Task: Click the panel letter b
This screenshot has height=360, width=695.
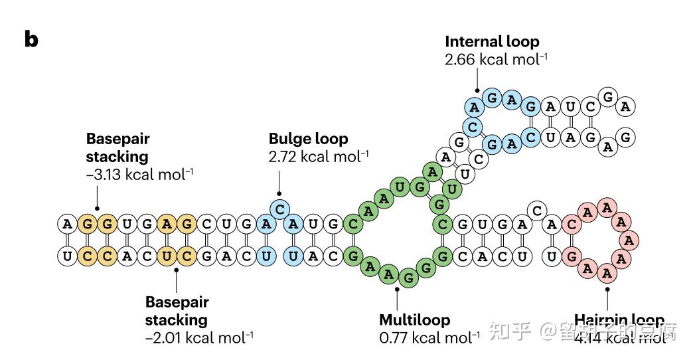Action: [x=31, y=40]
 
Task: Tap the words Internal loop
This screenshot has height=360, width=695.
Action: [x=491, y=41]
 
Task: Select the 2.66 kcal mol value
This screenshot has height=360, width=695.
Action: [x=496, y=58]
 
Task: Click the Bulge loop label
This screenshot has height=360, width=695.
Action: [x=308, y=139]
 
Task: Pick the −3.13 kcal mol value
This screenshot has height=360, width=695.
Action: [x=140, y=174]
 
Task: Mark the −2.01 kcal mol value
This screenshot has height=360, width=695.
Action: [x=199, y=337]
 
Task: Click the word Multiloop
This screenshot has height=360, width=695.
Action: [x=414, y=319]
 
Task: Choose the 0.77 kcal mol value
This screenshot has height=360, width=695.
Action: [x=429, y=337]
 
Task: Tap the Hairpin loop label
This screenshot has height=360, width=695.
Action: [x=619, y=319]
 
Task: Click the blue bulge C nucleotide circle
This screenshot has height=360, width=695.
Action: [x=280, y=209]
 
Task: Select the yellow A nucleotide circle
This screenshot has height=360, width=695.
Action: [x=169, y=225]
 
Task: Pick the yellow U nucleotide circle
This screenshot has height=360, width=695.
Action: [x=169, y=255]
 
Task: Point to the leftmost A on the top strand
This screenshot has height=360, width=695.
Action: [x=67, y=225]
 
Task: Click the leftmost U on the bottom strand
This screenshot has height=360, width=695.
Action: [x=67, y=255]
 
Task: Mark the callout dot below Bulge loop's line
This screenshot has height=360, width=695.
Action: [x=279, y=194]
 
